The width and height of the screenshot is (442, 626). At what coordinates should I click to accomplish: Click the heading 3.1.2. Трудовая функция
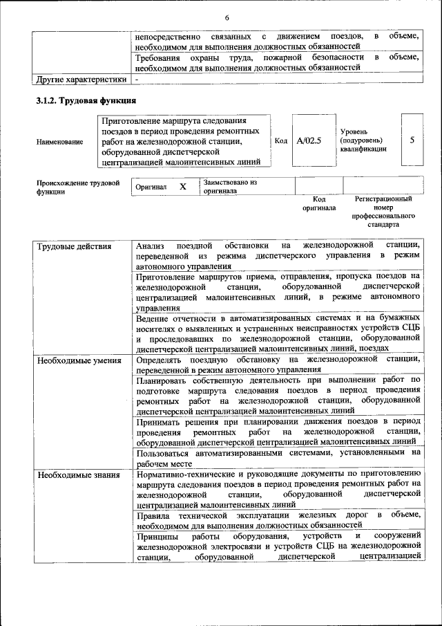(x=86, y=101)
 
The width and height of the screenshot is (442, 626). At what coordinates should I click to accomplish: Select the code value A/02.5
(x=309, y=140)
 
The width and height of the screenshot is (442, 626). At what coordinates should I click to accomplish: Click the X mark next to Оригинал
(x=183, y=187)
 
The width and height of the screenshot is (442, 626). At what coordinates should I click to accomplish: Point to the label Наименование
(x=60, y=142)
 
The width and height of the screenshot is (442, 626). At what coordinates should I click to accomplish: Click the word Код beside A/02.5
(x=280, y=140)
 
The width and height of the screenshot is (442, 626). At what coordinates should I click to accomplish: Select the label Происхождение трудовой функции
(x=78, y=187)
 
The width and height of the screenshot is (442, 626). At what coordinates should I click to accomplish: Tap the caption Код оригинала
(x=319, y=203)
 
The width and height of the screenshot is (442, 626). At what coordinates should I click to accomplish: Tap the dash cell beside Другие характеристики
(x=137, y=79)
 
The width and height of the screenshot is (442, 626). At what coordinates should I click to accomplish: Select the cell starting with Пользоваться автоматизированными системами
(x=278, y=457)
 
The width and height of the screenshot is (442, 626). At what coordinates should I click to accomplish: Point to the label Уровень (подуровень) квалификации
(x=364, y=140)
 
